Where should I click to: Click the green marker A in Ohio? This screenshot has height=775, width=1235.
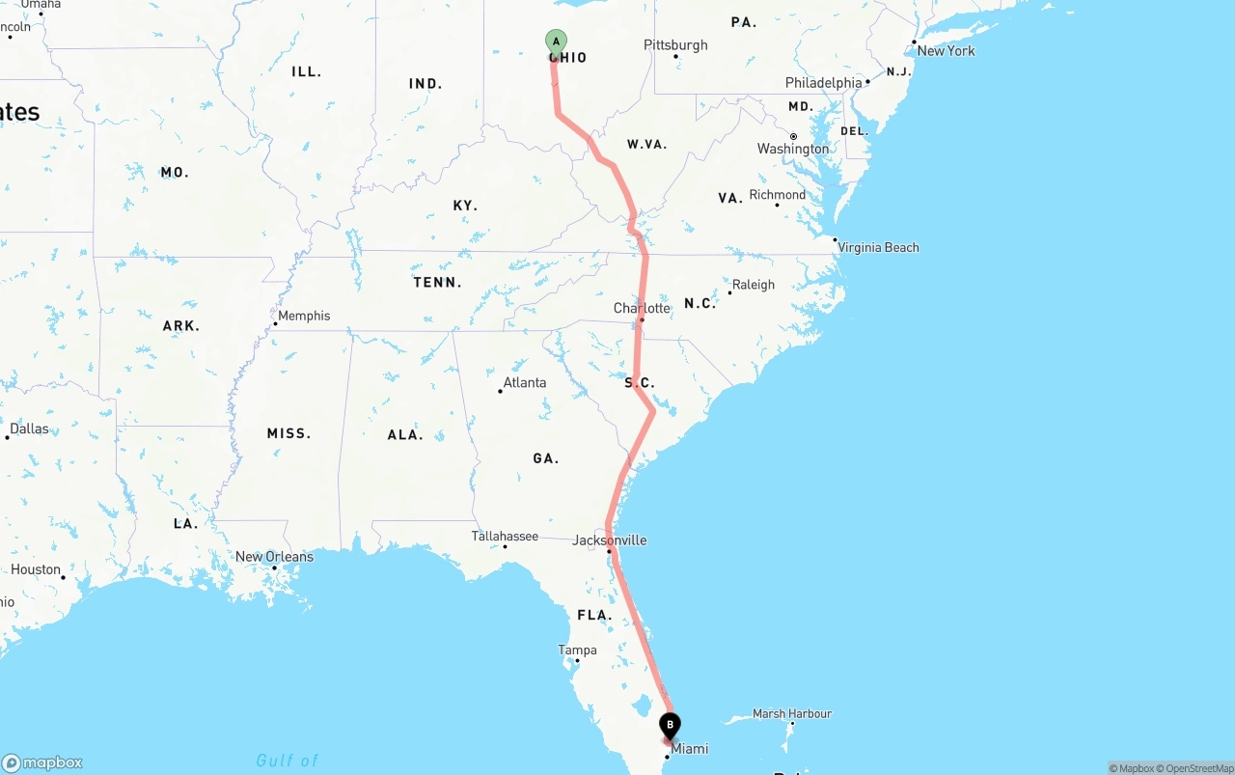point(556,42)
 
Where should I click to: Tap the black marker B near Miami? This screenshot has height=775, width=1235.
point(670,725)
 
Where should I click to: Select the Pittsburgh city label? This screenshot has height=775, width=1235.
point(675,45)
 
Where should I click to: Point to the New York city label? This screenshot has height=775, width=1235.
point(946,50)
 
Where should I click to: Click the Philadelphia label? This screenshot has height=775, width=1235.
point(823,83)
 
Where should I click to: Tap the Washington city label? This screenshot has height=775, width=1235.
point(792,149)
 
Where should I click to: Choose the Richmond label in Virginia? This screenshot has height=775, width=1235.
point(777,195)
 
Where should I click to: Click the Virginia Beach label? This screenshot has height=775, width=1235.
point(878,247)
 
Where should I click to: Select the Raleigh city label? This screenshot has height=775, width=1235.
point(753,285)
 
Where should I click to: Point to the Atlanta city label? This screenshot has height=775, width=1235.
point(524,382)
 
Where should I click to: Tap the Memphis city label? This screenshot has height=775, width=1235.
point(303,316)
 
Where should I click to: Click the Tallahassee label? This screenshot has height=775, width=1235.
point(505,536)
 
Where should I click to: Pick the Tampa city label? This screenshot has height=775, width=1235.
point(577,650)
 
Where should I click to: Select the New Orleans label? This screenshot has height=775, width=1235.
point(274,557)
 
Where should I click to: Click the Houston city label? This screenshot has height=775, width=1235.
point(36,569)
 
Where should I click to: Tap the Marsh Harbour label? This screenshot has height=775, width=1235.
point(791,714)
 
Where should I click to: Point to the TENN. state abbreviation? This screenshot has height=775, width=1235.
point(437,283)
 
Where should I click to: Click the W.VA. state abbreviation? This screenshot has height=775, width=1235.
point(646,145)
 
